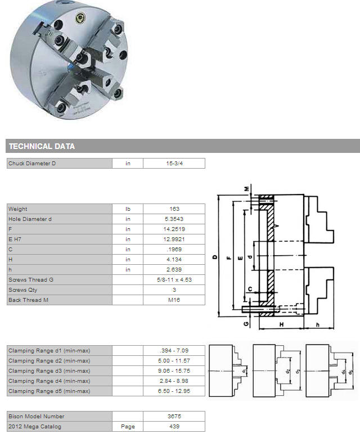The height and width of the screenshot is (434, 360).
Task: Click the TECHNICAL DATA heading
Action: coord(42,146)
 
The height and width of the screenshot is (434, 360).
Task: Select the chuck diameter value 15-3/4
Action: coord(174,163)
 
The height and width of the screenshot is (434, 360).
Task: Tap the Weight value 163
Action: coord(174,209)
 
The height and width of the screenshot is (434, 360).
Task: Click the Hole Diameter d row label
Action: coord(30,219)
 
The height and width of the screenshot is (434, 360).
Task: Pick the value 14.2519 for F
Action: coord(174,229)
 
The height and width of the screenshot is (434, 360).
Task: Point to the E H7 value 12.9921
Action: coord(174,239)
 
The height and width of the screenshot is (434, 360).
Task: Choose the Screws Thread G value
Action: coord(174,279)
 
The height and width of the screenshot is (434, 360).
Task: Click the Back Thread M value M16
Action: coord(174,300)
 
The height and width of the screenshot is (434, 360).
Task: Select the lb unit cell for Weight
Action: coord(128,209)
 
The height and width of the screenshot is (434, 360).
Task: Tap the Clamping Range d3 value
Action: coord(174,370)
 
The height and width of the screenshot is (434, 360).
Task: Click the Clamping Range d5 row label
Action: coord(49,391)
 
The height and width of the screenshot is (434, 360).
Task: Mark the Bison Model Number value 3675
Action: coord(174,416)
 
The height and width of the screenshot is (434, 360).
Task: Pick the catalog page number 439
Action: coord(174,426)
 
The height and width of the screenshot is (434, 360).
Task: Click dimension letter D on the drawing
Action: coord(215,257)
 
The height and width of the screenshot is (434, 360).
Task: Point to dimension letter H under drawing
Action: coord(281,324)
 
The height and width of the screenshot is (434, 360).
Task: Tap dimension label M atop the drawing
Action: coord(246,189)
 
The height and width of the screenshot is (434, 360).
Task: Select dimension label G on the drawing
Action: coord(246,324)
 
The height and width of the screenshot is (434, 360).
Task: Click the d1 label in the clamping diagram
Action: coord(244,370)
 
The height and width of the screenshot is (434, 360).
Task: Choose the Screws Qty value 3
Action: coord(174,290)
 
